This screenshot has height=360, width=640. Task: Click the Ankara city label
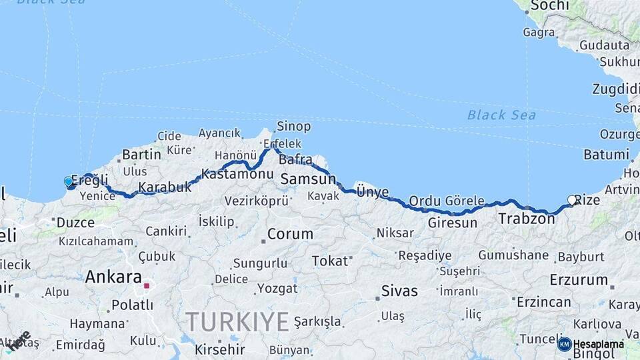[113, 277]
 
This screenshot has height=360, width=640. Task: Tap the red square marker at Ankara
[147, 286]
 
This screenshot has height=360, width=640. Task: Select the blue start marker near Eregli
[68, 181]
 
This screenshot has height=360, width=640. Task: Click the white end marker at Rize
[571, 199]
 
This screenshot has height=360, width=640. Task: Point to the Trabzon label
[527, 219]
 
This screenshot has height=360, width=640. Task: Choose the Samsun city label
[308, 179]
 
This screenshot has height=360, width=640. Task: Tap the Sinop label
[294, 127]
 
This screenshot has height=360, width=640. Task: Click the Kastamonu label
[237, 174]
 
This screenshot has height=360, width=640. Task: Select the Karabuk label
[165, 187]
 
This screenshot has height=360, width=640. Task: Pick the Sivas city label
[400, 291]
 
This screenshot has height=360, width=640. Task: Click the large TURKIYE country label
[237, 322]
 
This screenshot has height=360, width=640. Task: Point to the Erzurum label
[579, 280]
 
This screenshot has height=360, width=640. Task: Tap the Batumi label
[606, 155]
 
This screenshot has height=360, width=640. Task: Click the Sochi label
[550, 6]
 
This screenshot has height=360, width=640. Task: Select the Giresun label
[453, 223]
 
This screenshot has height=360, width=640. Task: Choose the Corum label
[290, 234]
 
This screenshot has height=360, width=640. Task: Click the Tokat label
[330, 261]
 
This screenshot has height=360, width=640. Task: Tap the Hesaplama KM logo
[591, 344]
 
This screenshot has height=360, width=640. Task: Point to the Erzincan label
[543, 302]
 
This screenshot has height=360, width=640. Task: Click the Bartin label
[141, 155]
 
